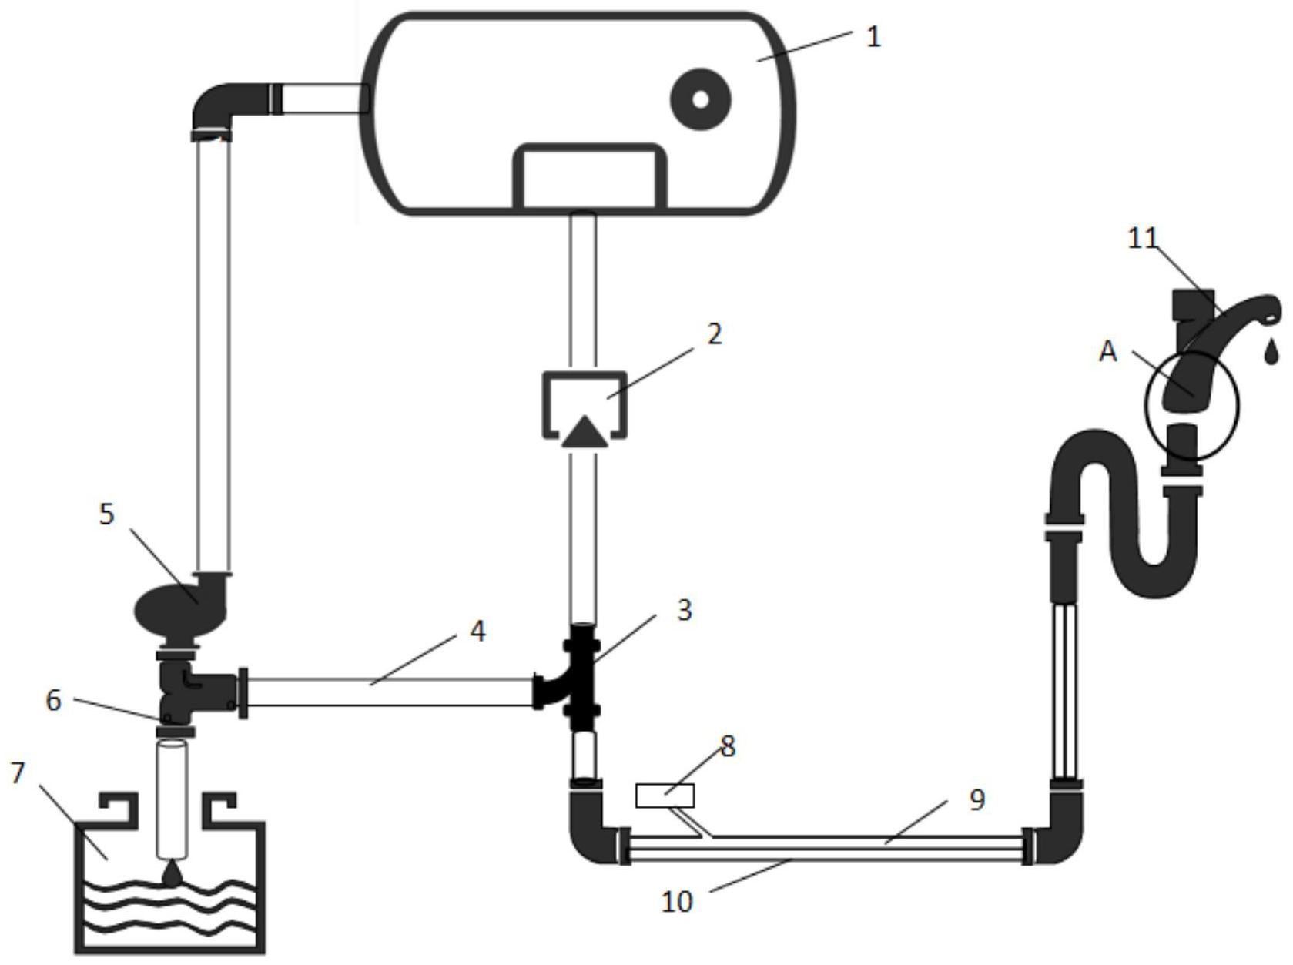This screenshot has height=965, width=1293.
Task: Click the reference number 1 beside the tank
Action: [873, 37]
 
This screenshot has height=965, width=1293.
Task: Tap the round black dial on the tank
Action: [700, 99]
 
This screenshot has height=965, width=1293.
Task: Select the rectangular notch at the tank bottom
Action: [590, 176]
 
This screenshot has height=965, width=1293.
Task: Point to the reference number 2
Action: [714, 334]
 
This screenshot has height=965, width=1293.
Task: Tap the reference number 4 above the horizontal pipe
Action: [477, 632]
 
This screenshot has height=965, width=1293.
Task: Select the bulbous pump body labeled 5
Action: [182, 612]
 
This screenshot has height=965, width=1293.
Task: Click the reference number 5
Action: [106, 514]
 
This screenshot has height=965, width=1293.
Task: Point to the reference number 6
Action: [54, 701]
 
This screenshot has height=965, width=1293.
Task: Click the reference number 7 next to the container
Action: [18, 773]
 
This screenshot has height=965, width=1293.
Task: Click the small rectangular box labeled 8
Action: [665, 796]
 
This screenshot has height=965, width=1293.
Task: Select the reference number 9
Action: [976, 799]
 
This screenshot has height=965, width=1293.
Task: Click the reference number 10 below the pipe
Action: [676, 902]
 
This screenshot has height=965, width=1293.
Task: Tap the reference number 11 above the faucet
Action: [1143, 239]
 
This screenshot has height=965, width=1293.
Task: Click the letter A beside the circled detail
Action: [1108, 352]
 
